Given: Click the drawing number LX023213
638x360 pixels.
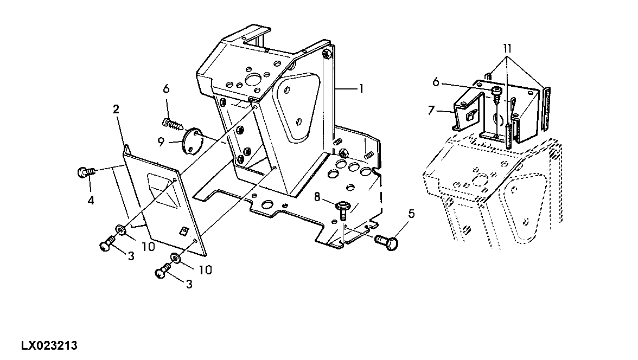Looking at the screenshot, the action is [49, 346].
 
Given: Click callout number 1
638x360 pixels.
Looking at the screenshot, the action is [360, 88].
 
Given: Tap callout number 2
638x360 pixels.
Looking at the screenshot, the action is [116, 109].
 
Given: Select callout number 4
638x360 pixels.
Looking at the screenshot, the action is [91, 200].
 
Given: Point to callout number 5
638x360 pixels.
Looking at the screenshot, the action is [411, 213].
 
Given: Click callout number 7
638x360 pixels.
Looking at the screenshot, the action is [431, 110].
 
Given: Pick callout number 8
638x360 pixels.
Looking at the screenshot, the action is [317, 197].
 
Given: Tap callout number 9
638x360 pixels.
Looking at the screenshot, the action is [161, 142].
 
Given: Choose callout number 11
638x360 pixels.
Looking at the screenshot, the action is [507, 49].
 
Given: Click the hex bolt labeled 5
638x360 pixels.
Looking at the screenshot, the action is [387, 242].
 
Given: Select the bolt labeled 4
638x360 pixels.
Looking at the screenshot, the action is [86, 172].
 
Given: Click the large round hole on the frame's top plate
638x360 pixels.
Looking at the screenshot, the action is [256, 80].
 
